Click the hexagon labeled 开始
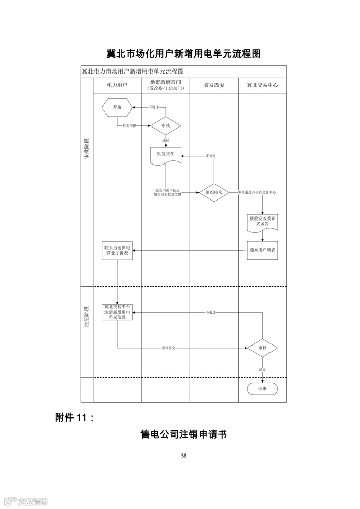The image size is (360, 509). coord(117,107)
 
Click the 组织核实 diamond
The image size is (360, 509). coord(214,192)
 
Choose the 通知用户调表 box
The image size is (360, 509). coord(262,250)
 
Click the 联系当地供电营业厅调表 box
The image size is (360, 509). coord(117,250)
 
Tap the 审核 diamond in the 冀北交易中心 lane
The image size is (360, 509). coord(262,348)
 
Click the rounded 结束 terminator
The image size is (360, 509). coord(262,389)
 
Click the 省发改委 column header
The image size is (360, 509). coord(214,85)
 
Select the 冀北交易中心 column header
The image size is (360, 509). coord(262,85)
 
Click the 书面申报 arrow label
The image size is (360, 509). coord(130,125)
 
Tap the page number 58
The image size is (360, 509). coord(184,455)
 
